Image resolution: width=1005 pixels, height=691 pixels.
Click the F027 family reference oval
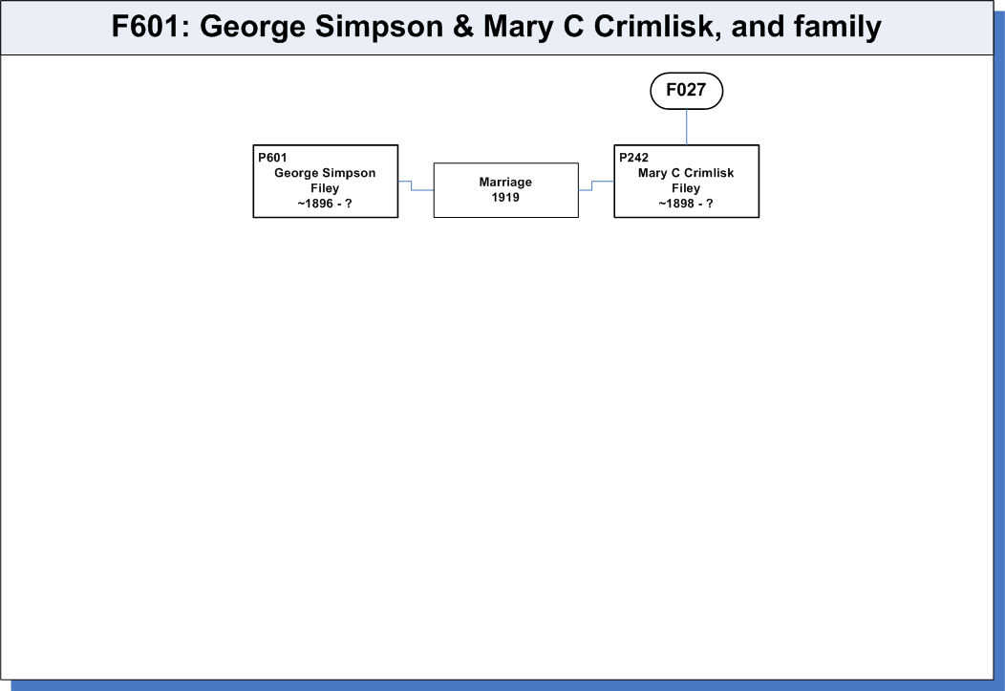click(687, 91)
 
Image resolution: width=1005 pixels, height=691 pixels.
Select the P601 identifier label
click(272, 158)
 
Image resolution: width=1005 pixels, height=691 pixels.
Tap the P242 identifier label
click(633, 158)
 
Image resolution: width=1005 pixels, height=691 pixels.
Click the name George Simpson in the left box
click(325, 173)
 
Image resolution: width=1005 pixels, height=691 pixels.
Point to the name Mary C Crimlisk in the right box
click(686, 173)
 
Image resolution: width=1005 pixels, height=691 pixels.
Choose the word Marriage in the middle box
click(505, 182)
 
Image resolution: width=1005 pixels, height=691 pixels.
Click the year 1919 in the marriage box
click(505, 198)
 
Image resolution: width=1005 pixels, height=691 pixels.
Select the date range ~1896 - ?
click(325, 204)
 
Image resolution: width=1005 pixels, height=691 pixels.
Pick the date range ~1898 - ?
click(686, 204)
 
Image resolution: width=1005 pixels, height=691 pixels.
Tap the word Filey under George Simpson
click(325, 188)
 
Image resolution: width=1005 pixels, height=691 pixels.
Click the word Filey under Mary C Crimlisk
click(686, 188)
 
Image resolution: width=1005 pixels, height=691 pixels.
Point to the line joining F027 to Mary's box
click(687, 127)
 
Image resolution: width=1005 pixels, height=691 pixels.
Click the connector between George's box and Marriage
click(412, 185)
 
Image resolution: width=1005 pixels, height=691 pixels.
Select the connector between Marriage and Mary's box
click(591, 185)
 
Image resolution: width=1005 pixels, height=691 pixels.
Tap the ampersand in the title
click(462, 27)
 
